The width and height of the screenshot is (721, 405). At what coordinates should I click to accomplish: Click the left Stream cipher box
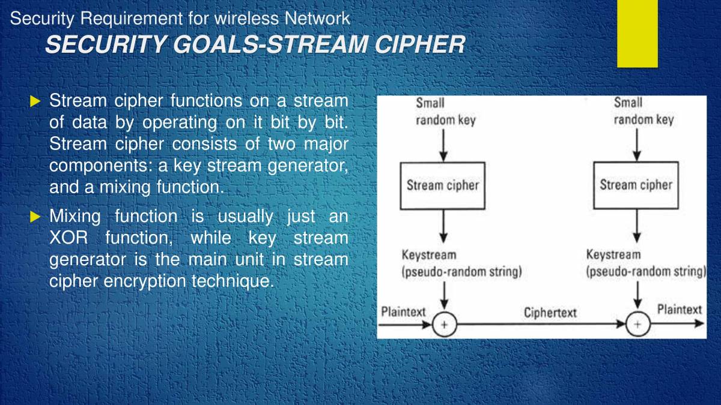point(443,185)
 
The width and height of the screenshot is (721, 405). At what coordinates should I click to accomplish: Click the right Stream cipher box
point(636,185)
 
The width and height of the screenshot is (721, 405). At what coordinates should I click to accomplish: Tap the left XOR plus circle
point(445,325)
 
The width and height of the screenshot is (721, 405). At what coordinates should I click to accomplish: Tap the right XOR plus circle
point(637,325)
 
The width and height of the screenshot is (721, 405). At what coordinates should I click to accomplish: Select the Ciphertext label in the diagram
point(550,313)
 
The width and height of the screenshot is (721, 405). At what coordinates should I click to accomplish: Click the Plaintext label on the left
point(403,312)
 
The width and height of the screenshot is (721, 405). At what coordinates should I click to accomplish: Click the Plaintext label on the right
point(679,310)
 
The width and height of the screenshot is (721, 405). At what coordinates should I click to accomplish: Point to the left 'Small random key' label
point(445,112)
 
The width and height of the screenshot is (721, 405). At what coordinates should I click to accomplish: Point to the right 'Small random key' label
point(643,112)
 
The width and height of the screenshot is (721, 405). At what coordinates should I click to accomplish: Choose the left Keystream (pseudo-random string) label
point(461,263)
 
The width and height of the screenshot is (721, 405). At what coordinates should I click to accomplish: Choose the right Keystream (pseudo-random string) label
point(646,263)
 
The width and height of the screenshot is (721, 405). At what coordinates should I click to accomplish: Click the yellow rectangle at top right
point(637,33)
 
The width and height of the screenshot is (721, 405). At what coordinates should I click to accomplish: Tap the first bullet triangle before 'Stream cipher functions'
point(34,100)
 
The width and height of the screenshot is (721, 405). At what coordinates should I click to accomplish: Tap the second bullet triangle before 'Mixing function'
point(34,216)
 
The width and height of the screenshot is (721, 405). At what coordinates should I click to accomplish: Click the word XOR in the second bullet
point(68,238)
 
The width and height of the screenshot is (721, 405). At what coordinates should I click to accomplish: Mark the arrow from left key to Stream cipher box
point(443,144)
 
